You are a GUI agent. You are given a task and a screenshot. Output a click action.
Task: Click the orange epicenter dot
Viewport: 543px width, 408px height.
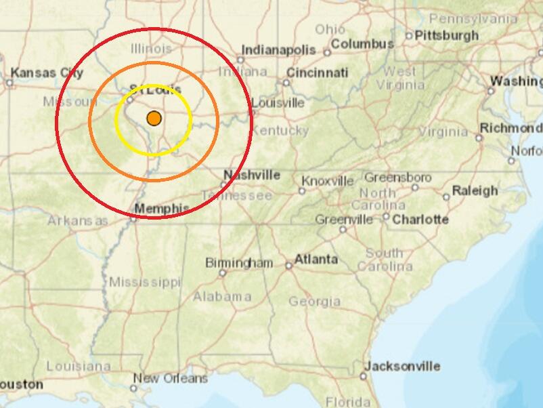[154, 118]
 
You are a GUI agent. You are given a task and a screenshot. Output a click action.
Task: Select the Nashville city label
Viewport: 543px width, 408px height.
[251, 175]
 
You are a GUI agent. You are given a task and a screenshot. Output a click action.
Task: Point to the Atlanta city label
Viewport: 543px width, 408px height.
[316, 259]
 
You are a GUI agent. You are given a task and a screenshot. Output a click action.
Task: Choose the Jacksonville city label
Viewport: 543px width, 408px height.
[402, 366]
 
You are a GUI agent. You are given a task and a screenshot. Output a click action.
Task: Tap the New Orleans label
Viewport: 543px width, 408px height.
[170, 378]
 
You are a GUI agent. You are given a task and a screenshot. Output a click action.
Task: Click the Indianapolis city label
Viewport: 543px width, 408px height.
[278, 50]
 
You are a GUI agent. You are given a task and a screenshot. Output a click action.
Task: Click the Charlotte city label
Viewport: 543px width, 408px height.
[420, 219]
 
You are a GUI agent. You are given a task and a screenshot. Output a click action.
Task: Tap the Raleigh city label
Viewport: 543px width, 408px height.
[475, 190]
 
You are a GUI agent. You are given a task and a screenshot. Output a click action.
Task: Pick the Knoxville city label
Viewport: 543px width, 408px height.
[328, 181]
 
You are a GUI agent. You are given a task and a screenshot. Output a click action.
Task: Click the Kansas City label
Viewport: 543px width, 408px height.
[47, 73]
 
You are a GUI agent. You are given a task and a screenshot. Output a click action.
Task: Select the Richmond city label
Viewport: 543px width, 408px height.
[511, 128]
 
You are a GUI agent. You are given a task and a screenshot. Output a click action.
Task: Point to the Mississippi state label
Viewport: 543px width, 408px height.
[145, 281]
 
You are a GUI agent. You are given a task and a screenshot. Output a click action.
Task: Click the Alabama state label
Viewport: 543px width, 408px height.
[222, 297]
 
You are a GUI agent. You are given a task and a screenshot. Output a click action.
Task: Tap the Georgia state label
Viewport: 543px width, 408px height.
[314, 301]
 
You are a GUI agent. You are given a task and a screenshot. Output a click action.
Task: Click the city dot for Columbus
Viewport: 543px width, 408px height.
[327, 52]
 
